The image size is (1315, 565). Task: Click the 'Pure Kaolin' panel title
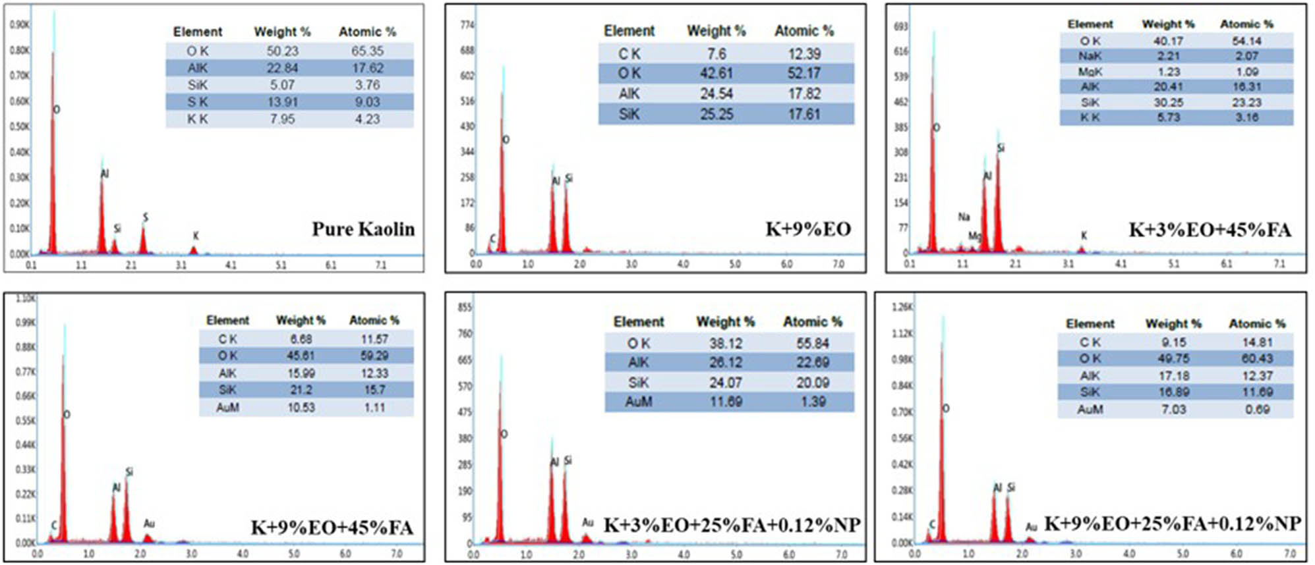[363, 229]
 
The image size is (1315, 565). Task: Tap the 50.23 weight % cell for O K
[282, 51]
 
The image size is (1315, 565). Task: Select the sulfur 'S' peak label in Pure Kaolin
[146, 217]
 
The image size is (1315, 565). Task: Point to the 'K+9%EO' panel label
[807, 229]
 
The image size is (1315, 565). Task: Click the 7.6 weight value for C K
[716, 53]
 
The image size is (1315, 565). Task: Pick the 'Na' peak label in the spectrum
[964, 217]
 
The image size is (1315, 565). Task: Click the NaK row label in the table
[1090, 56]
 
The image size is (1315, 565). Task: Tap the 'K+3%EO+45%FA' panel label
[1210, 230]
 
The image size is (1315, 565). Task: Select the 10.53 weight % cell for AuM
[301, 408]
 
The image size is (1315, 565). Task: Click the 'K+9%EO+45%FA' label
[332, 527]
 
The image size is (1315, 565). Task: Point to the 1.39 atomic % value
[813, 402]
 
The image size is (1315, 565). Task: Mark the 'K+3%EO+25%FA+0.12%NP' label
[732, 525]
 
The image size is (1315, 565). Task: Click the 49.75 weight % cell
[1173, 359]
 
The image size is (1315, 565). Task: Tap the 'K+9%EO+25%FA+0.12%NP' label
[1173, 524]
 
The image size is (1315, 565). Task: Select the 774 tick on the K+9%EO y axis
[467, 25]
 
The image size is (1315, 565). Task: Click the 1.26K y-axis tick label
[901, 307]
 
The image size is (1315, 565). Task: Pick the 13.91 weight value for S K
[282, 102]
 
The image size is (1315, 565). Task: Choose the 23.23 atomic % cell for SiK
[1246, 102]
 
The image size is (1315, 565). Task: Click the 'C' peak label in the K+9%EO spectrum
[492, 239]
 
